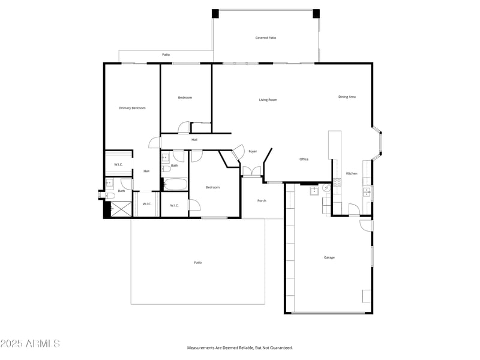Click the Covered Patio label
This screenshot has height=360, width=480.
[266, 38]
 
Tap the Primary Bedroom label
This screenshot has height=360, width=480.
[132, 108]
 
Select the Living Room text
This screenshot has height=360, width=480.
[268, 100]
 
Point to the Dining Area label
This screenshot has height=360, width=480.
[347, 97]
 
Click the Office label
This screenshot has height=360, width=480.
[304, 159]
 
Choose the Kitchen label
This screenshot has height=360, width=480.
[352, 173]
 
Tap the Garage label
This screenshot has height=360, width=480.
[329, 257]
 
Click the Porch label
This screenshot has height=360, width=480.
[262, 200]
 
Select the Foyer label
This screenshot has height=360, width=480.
[253, 151]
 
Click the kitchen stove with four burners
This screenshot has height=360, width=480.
[337, 183]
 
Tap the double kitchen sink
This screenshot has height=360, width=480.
[367, 192]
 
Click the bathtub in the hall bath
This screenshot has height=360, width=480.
[175, 184]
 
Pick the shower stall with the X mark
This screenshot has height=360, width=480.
[121, 209]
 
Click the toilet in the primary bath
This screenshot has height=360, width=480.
[108, 195]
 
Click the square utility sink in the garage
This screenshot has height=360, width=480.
[314, 191]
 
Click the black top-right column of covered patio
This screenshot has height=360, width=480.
[316, 14]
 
